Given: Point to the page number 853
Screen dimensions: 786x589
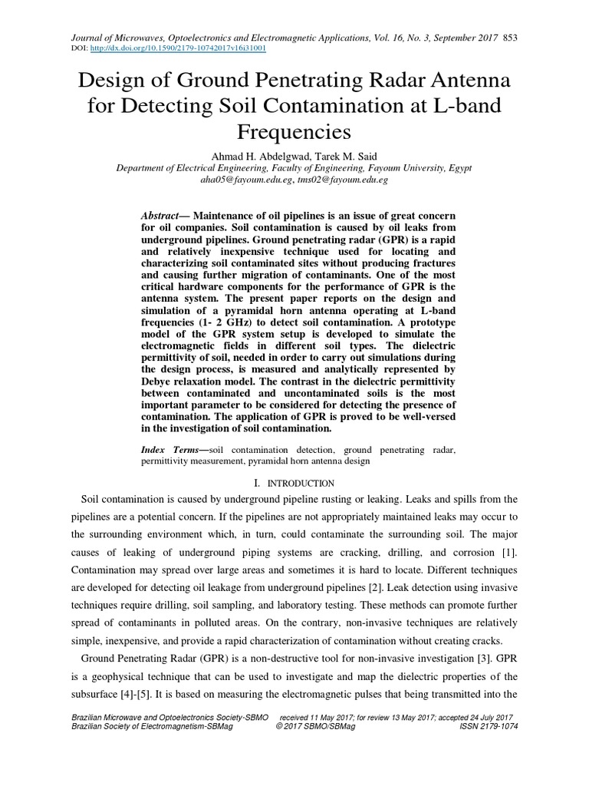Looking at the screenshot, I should coord(509,36).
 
